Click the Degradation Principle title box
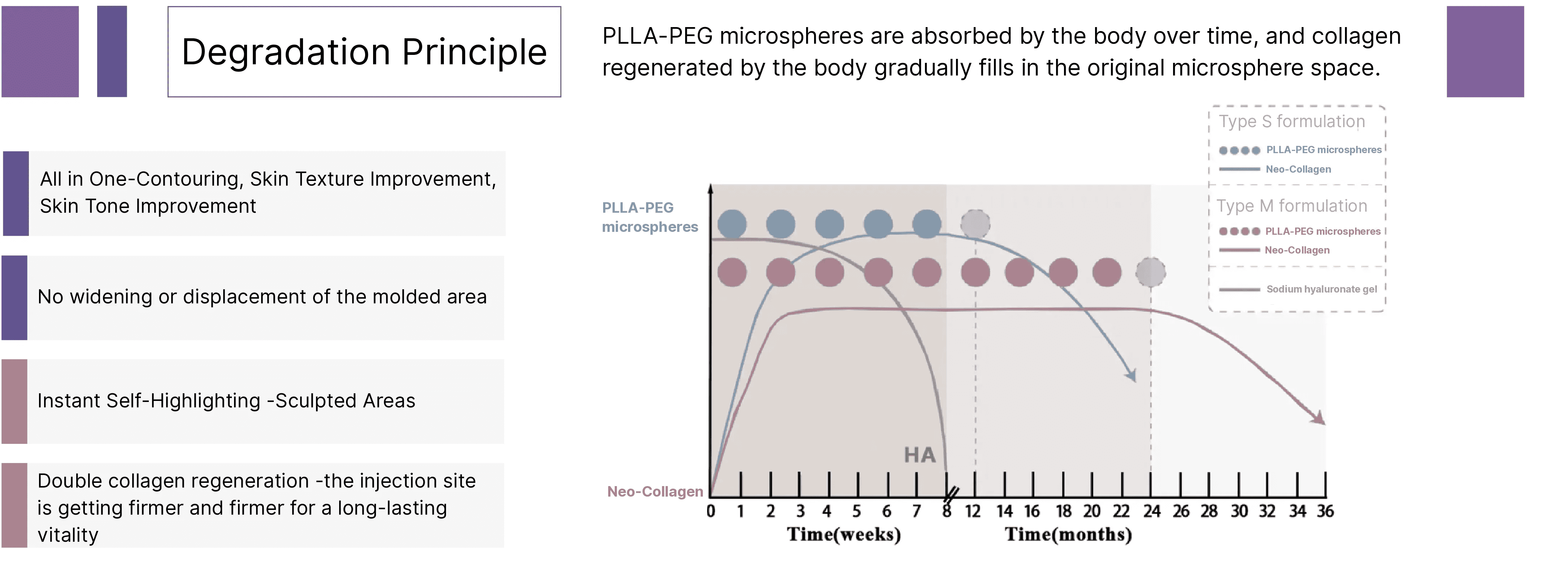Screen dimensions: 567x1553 364,52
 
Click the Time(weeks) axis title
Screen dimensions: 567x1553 843,534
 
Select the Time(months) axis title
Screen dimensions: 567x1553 1068,534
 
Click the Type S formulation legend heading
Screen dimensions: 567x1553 1292,122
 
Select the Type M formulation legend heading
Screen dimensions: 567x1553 1292,206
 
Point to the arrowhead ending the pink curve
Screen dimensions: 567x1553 1319,419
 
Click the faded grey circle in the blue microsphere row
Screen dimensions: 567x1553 975,224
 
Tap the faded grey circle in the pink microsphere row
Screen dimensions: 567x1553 1150,272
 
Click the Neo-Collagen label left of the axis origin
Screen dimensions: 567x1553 655,492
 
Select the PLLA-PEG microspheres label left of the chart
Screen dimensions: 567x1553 649,217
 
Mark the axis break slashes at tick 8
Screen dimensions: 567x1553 951,495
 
